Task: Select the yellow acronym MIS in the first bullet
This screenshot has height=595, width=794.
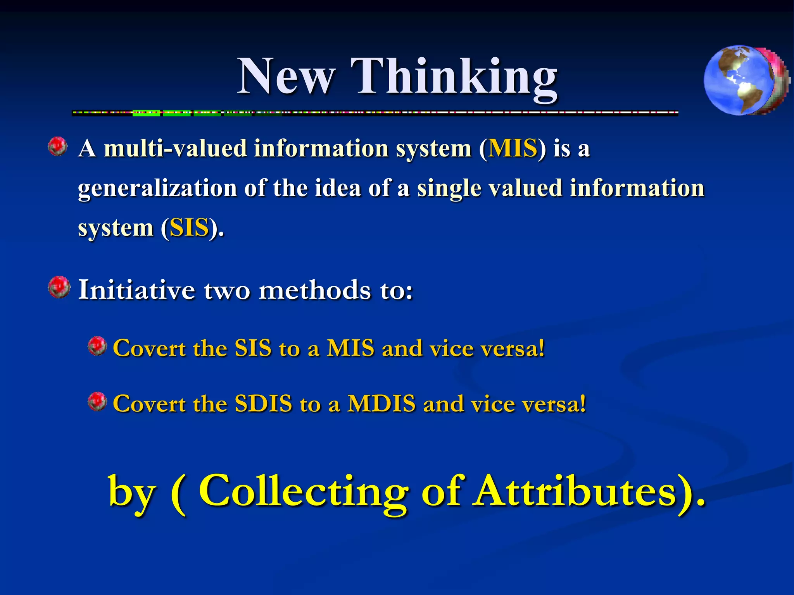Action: tap(513, 148)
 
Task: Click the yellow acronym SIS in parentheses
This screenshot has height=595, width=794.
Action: tap(189, 228)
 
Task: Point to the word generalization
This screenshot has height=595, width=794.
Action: tap(157, 189)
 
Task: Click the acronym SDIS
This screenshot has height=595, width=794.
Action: tap(263, 404)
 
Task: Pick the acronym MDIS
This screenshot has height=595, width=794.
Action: tap(381, 404)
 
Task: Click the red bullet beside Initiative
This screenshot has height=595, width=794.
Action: tap(59, 287)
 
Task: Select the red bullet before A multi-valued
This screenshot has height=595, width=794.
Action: tap(58, 146)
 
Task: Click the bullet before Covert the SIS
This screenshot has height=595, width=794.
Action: tap(97, 346)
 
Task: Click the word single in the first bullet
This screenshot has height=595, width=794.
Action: tap(449, 189)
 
